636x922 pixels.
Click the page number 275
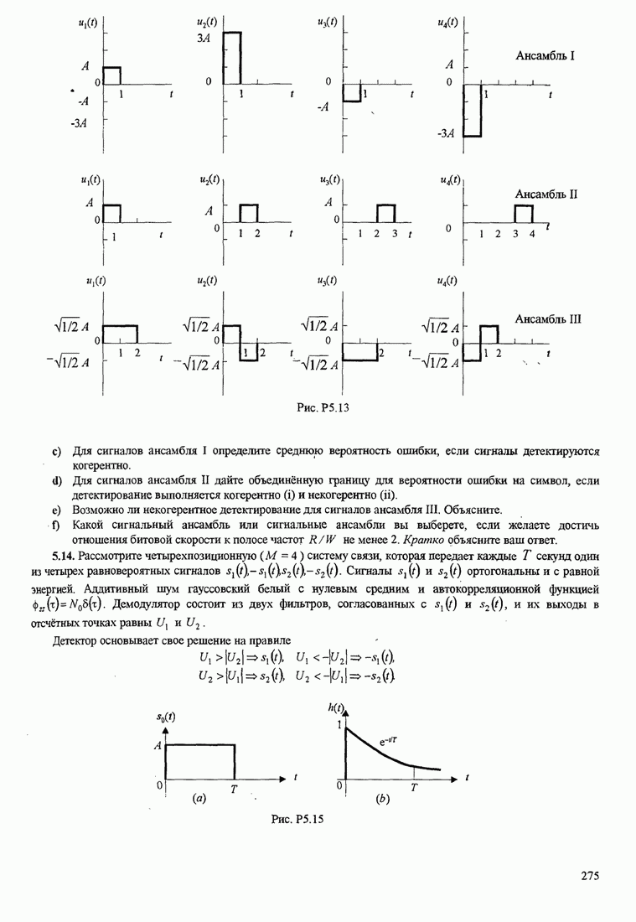click(x=590, y=877)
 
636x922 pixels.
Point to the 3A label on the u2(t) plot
click(x=203, y=39)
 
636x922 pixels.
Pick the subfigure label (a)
click(x=199, y=800)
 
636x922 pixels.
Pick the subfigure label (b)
click(x=383, y=800)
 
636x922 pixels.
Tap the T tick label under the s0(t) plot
click(x=234, y=787)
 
